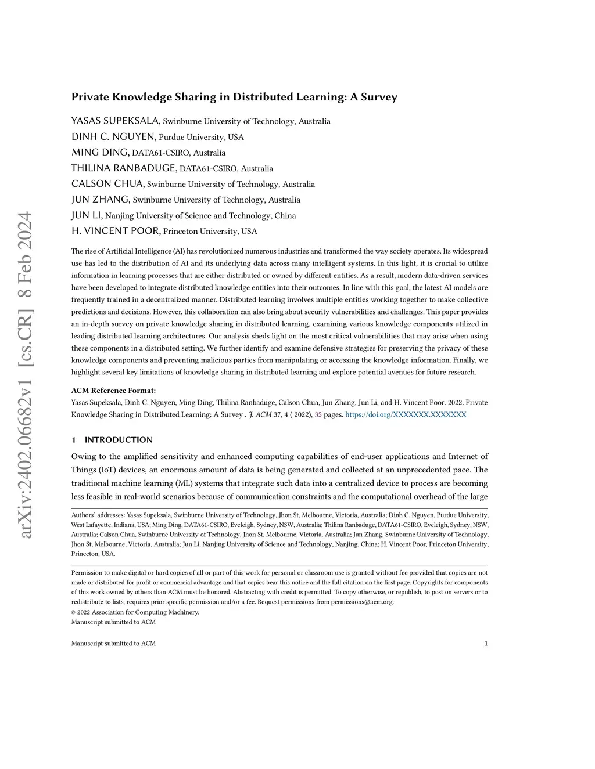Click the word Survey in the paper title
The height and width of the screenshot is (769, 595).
coord(379,97)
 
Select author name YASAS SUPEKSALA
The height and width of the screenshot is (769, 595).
coord(115,121)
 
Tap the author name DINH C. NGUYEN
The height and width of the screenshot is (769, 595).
coord(113,136)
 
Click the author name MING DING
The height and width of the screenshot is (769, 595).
coord(100,152)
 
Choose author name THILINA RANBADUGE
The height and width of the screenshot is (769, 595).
coord(124,168)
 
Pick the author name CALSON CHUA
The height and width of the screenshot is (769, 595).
coord(107,184)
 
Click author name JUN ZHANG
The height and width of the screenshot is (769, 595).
coord(101,200)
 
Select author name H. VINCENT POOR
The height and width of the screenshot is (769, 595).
coord(115,231)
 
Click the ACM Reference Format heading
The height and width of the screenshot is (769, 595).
coord(113,391)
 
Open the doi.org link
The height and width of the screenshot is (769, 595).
coord(406,414)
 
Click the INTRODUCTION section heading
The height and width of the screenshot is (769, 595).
coord(119,440)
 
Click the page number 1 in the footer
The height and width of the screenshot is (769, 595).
coord(486,643)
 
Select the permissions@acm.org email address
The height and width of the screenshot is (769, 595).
coord(362,602)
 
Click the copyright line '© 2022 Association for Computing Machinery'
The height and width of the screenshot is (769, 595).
coord(135,612)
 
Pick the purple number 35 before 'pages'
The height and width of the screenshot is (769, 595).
coord(318,414)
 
